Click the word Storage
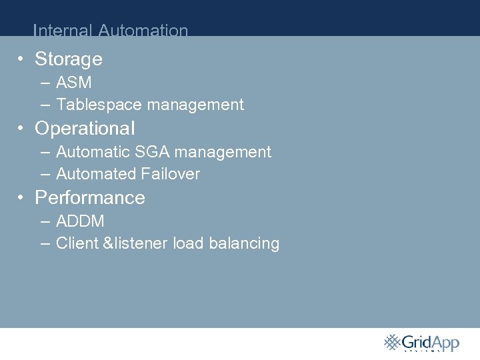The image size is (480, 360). [x=69, y=59]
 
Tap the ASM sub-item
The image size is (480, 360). [x=74, y=83]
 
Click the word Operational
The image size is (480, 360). [x=85, y=128]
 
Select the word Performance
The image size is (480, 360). [x=90, y=198]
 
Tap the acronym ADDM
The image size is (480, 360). [x=80, y=221]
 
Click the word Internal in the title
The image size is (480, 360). [x=63, y=31]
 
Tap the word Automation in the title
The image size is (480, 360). [x=143, y=31]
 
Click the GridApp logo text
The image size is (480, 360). [x=431, y=343]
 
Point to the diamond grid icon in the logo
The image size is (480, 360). [x=392, y=342]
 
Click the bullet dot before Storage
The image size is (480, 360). [x=22, y=59]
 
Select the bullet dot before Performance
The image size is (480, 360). [x=22, y=197]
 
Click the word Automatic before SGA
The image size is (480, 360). [x=93, y=152]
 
